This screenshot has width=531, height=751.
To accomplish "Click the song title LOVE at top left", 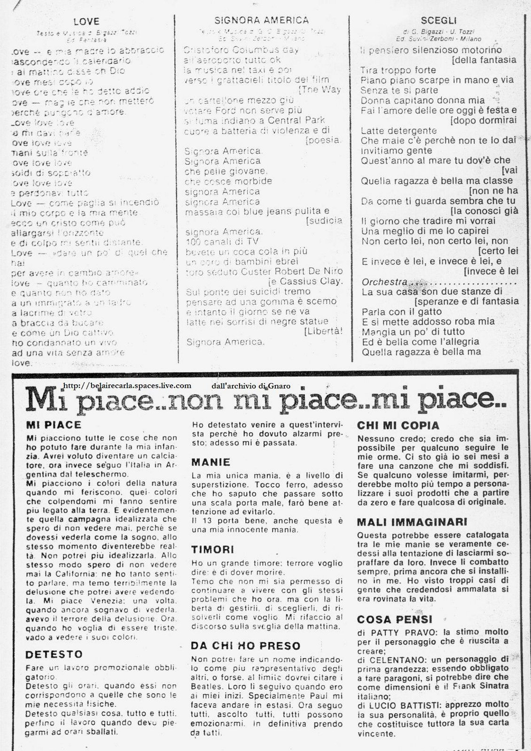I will [86, 21].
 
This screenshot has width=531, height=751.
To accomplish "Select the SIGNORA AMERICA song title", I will [261, 20].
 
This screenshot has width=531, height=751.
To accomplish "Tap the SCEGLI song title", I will [432, 21].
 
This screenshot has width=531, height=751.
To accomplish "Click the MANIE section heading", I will [211, 462].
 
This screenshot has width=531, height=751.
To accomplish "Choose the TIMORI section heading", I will [213, 550].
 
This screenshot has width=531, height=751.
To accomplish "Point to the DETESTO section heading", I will [55, 654].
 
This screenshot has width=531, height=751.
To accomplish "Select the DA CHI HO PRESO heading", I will [246, 646].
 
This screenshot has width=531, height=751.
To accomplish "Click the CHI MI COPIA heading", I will [398, 426].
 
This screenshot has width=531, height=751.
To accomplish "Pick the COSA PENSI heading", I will [395, 619].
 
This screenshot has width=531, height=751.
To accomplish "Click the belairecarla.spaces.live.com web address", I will [126, 385].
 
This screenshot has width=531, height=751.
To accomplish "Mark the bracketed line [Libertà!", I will [323, 331].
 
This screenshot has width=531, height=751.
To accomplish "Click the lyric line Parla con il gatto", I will [402, 312].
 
